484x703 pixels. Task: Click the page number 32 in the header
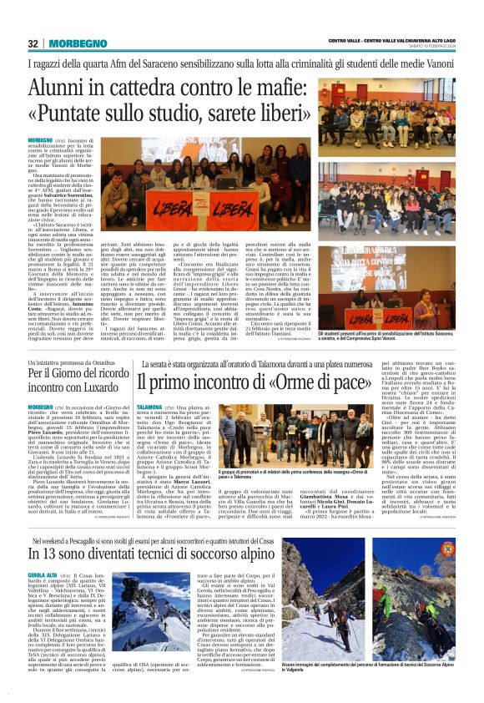(33, 43)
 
